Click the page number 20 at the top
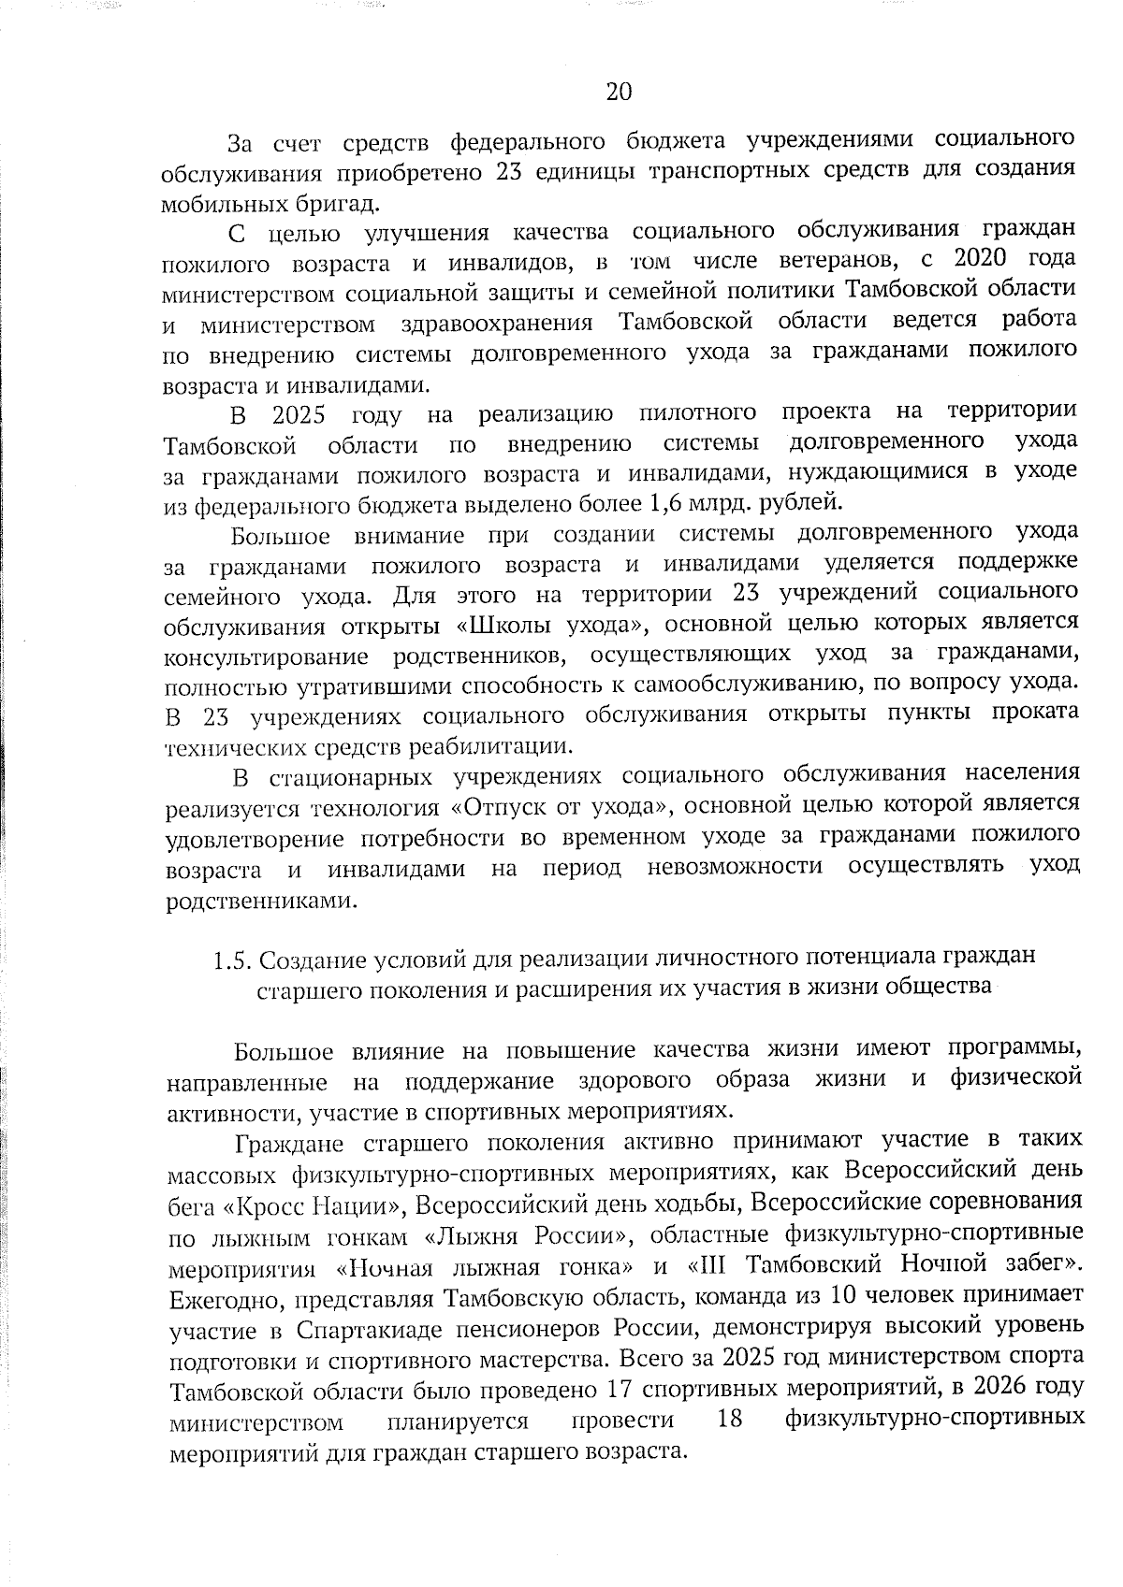pyautogui.click(x=620, y=92)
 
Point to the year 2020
pyautogui.click(x=984, y=259)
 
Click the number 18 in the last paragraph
pyautogui.click(x=729, y=1421)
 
